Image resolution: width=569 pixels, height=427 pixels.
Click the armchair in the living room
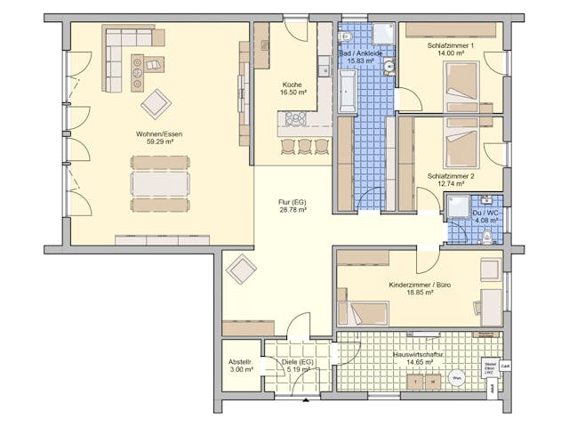pyautogui.click(x=156, y=103)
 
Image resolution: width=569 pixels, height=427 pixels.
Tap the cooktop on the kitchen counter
pyautogui.click(x=295, y=117)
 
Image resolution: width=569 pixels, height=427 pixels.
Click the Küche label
pyautogui.click(x=293, y=84)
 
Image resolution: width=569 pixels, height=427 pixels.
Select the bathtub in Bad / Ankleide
pyautogui.click(x=347, y=93)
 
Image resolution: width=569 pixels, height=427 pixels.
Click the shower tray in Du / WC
pyautogui.click(x=460, y=206)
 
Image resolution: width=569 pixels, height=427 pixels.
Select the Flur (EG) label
pyautogui.click(x=292, y=202)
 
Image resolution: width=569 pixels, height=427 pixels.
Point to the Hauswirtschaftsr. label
pyautogui.click(x=417, y=354)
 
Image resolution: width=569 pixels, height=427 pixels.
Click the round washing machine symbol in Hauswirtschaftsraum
pyautogui.click(x=456, y=377)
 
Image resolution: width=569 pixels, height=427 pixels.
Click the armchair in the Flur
pyautogui.click(x=241, y=269)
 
